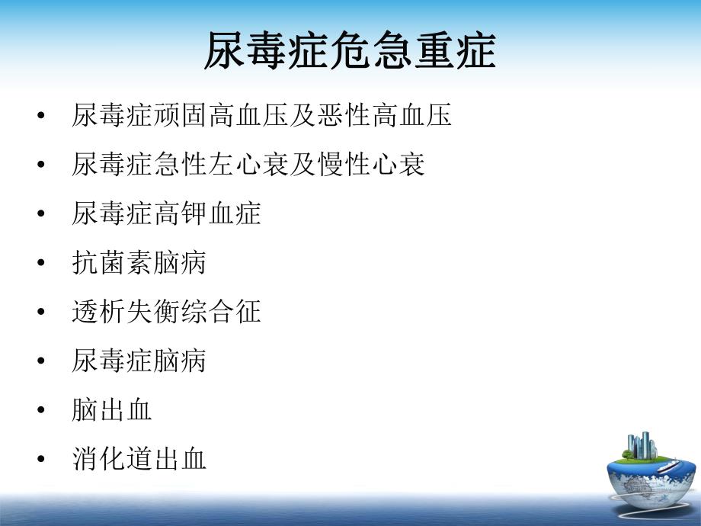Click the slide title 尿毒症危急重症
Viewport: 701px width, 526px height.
point(350,52)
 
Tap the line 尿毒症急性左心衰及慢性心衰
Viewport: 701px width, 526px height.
point(248,165)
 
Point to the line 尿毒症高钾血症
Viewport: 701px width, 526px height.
point(166,213)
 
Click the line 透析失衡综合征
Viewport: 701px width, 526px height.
point(166,312)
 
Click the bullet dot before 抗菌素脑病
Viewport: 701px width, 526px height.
point(40,264)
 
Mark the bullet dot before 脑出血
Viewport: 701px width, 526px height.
point(40,411)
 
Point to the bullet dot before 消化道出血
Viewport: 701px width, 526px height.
point(40,460)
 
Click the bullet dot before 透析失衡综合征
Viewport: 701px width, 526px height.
point(40,313)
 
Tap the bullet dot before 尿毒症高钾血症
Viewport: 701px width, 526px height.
point(40,214)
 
